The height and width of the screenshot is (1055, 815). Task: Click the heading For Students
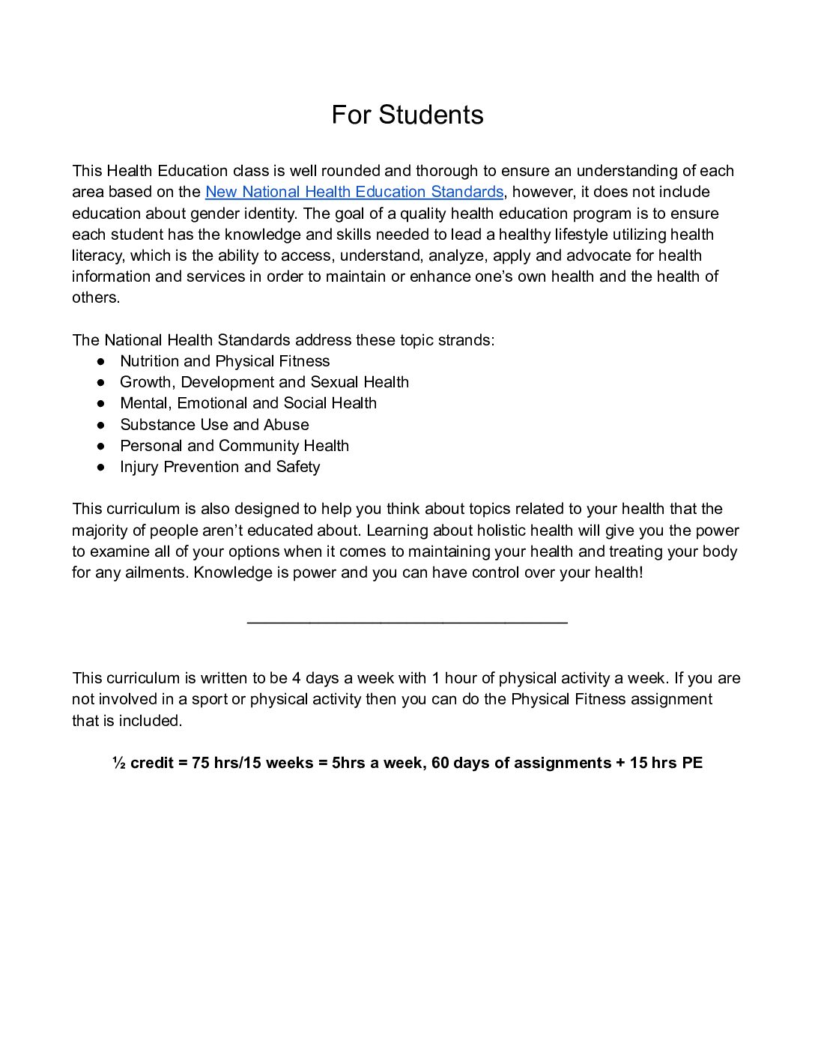[x=407, y=115]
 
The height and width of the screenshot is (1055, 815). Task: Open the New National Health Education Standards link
[x=354, y=192]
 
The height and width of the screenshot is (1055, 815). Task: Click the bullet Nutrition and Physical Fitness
[x=225, y=361]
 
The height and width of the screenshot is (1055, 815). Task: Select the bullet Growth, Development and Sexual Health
[x=264, y=382]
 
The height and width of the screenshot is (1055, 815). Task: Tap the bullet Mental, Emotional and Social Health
[x=248, y=403]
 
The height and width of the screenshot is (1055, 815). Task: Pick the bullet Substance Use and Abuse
[x=214, y=425]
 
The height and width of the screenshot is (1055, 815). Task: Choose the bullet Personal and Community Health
[x=234, y=446]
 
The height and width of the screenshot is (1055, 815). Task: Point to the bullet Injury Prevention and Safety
[x=219, y=467]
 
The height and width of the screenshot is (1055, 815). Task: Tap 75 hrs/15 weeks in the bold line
[x=252, y=763]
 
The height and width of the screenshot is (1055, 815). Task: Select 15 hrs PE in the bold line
[x=666, y=763]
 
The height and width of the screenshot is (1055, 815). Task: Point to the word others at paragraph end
[x=94, y=297]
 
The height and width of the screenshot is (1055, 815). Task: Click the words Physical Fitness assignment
[x=611, y=699]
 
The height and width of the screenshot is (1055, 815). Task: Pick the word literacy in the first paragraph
[x=95, y=256]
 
